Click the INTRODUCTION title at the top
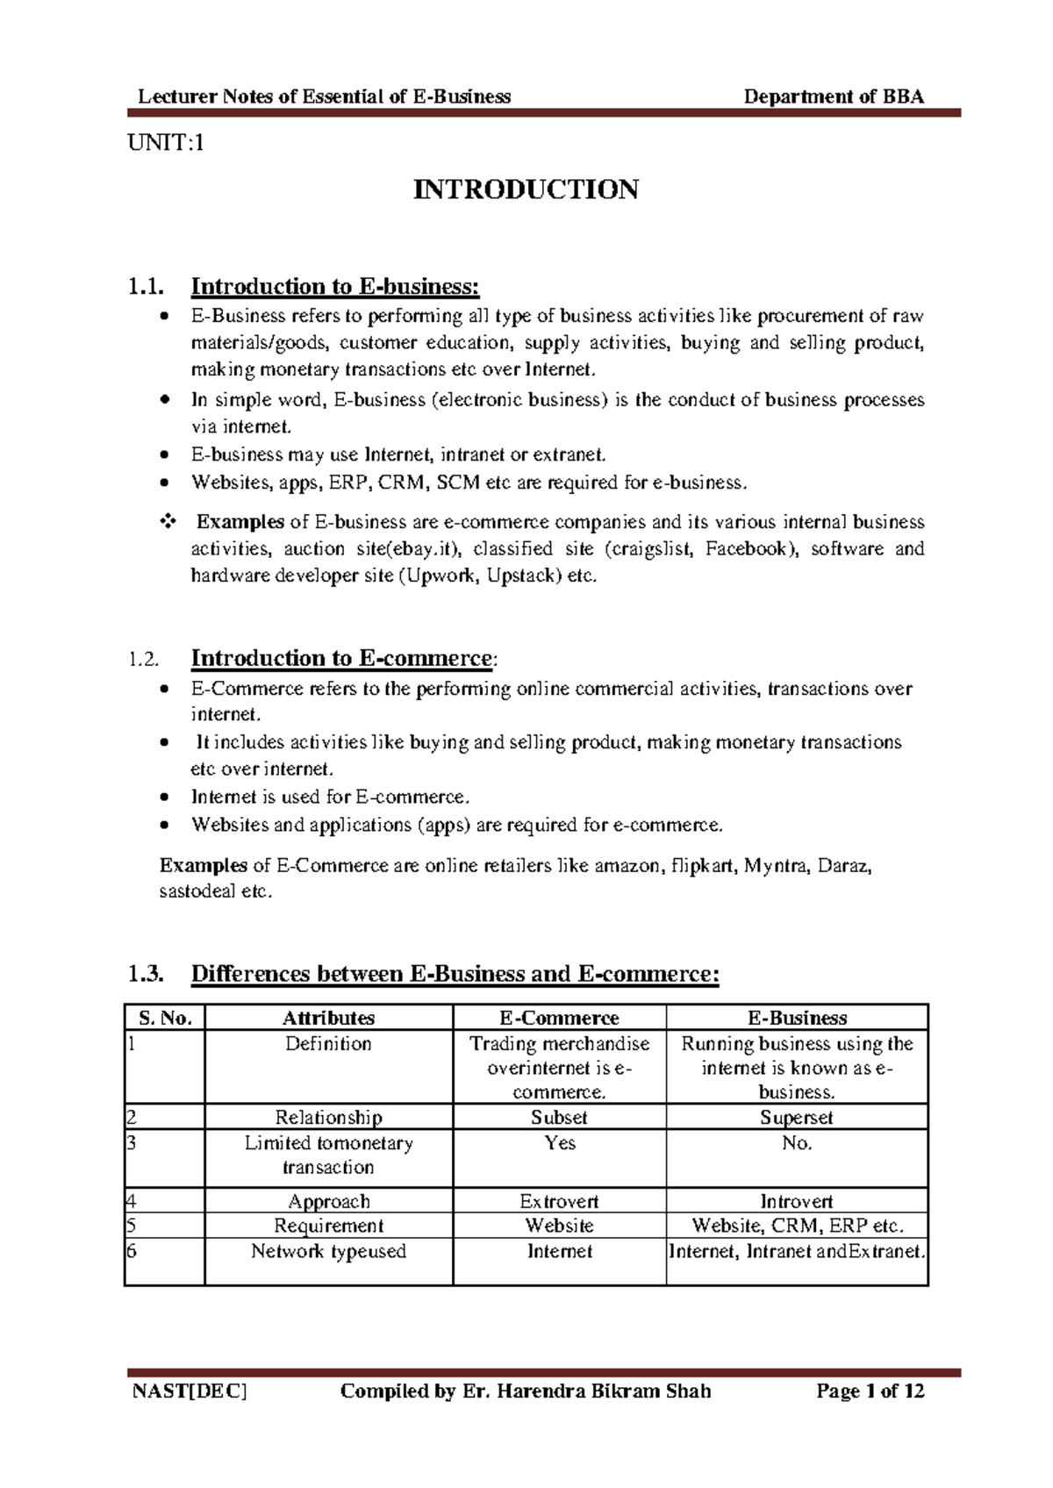pos(526,190)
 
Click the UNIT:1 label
pos(166,143)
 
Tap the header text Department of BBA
pos(834,97)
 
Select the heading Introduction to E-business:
pos(335,287)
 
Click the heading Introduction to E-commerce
pos(341,658)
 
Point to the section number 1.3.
pos(146,974)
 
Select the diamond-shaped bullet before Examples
pos(167,522)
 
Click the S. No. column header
pos(165,1018)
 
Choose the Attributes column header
pos(328,1018)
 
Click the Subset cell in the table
pos(559,1117)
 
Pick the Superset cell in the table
pos(796,1117)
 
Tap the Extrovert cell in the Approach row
pos(559,1201)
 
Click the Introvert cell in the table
pos(796,1201)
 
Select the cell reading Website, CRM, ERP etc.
pos(797,1226)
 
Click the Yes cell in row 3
pos(559,1143)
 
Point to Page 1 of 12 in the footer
pos(870,1391)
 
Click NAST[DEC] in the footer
pos(190,1391)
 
